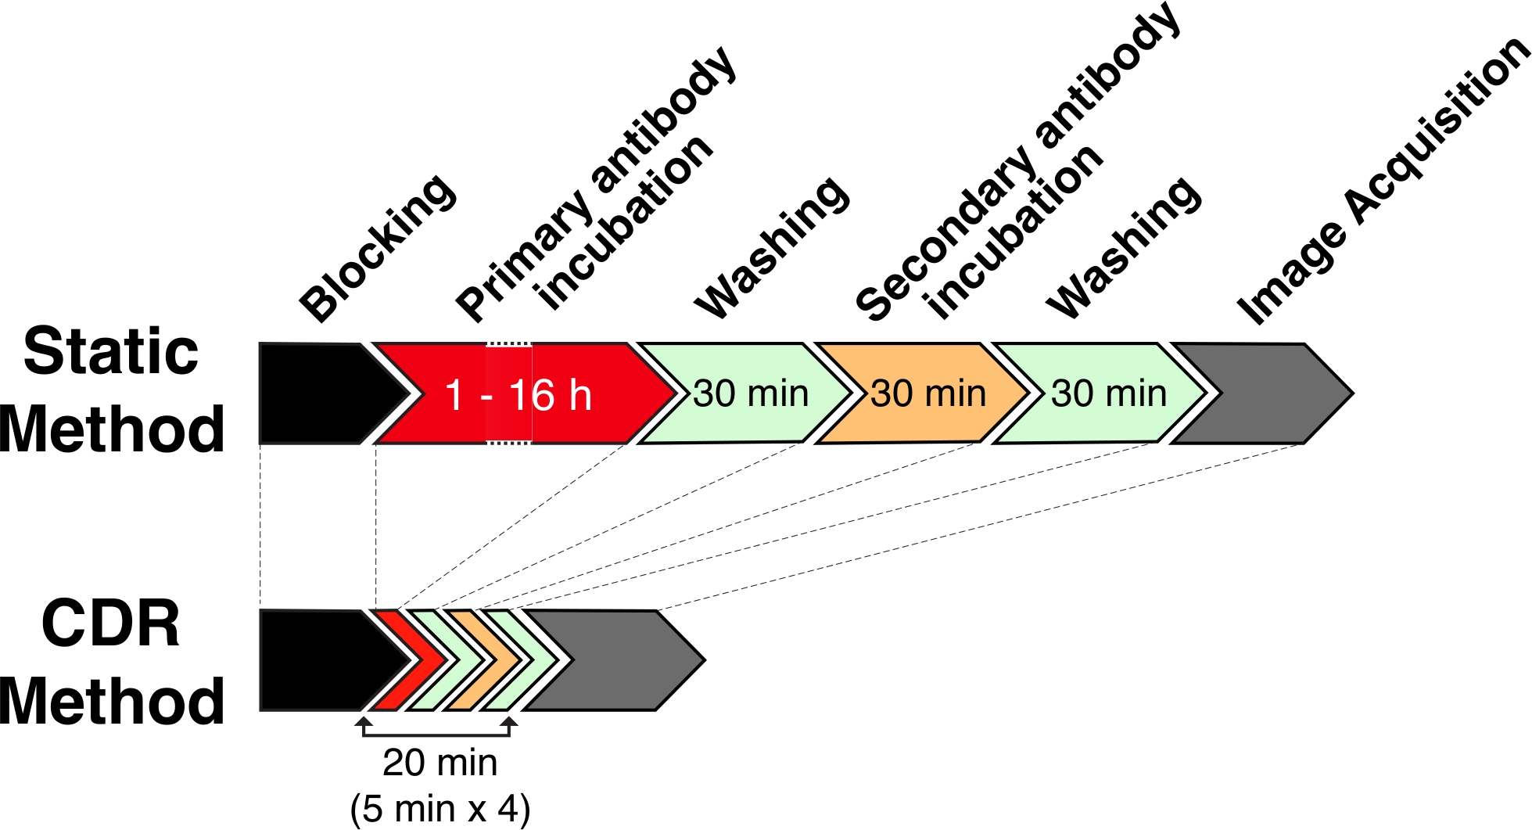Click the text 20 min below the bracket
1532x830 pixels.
(x=440, y=763)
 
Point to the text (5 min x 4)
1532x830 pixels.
(x=440, y=808)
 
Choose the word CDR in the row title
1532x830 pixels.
(x=111, y=624)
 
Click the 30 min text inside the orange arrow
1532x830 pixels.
(x=928, y=393)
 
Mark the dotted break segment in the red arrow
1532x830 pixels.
(x=508, y=344)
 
